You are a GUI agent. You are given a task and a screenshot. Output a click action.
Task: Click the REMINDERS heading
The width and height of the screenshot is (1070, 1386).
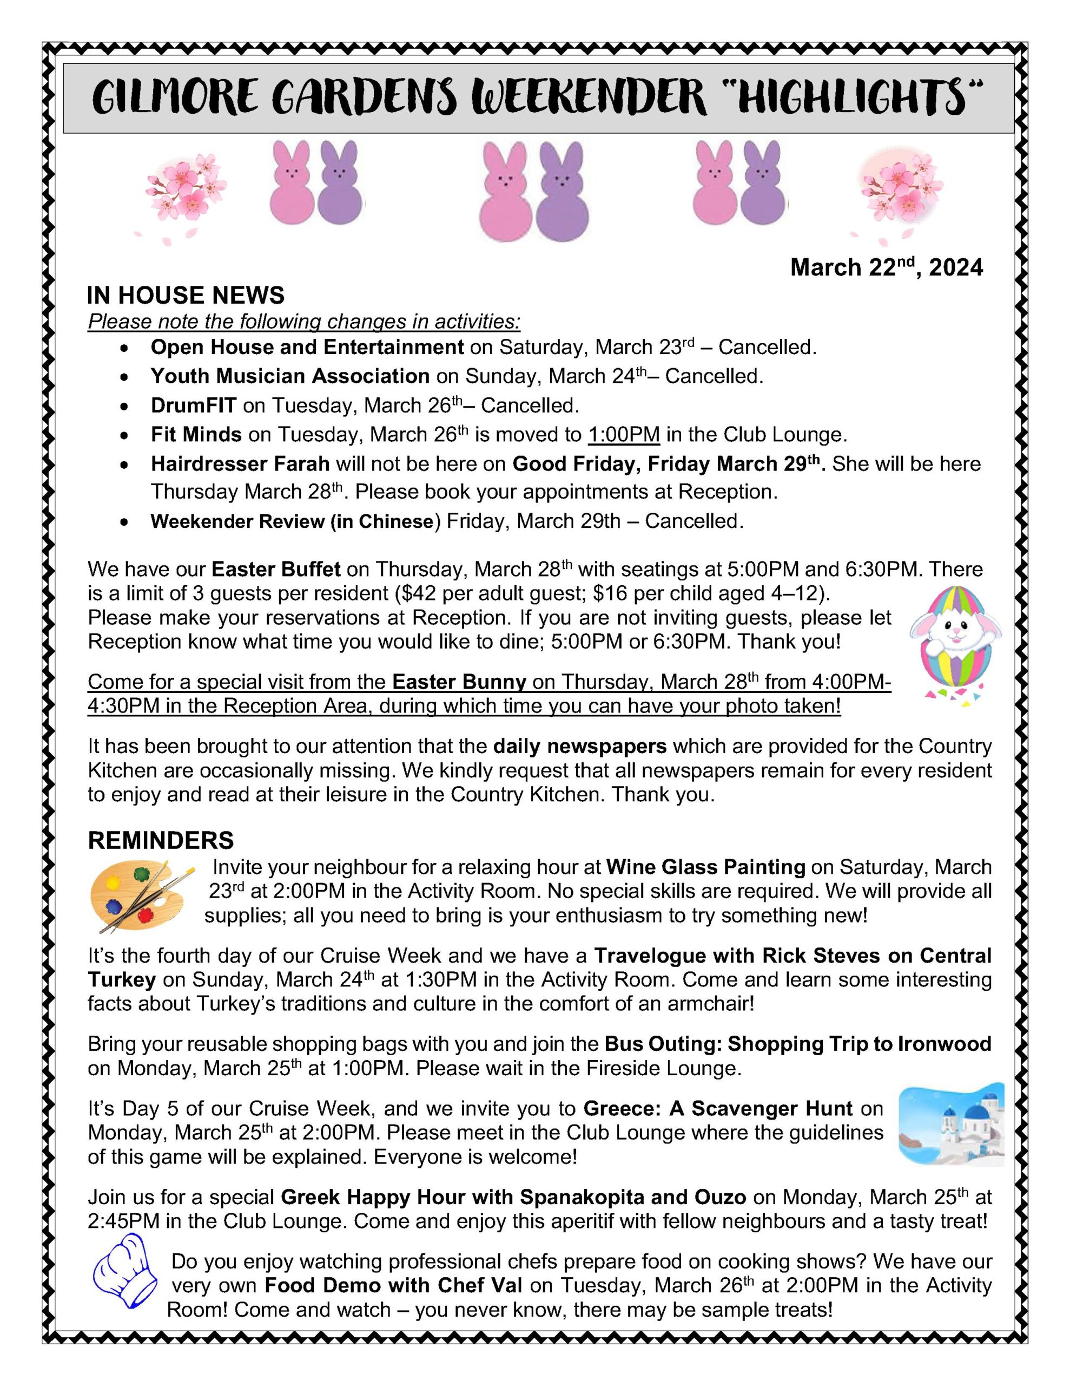(161, 840)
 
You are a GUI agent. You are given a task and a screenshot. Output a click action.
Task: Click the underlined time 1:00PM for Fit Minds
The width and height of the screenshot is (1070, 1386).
(624, 435)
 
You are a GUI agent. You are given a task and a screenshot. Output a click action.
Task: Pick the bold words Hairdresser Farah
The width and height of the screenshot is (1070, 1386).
(240, 464)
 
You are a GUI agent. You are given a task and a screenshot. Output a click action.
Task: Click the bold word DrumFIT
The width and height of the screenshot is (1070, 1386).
(194, 405)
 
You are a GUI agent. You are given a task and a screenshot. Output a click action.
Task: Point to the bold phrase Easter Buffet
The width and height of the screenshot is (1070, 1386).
(276, 568)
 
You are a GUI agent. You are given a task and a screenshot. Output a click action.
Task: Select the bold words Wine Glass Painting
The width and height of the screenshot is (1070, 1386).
(705, 867)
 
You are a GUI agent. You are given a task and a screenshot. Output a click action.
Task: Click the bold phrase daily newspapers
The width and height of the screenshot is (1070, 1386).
(580, 746)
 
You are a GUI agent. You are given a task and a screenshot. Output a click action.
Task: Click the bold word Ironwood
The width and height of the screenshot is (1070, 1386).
(944, 1044)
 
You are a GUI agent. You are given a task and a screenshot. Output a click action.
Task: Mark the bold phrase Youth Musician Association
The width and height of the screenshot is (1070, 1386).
(290, 376)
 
